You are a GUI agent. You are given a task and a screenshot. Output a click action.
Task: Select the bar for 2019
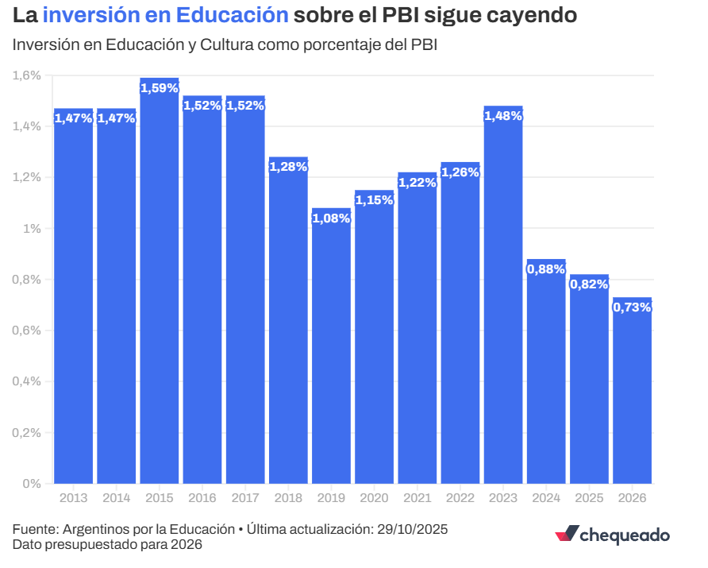[x=331, y=350]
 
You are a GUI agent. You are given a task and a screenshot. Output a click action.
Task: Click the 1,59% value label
[x=160, y=88]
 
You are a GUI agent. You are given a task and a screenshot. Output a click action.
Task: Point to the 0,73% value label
[x=632, y=307]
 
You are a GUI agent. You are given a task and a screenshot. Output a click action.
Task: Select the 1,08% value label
[x=331, y=218]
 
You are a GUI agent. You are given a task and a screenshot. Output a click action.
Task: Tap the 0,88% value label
[x=546, y=269]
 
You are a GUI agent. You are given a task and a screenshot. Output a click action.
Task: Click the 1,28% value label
[x=288, y=167]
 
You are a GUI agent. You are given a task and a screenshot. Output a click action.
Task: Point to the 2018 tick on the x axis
[x=288, y=498]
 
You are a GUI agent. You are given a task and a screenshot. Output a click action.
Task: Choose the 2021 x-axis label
[x=417, y=498]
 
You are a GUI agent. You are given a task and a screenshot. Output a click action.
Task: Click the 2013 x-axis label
[x=74, y=498]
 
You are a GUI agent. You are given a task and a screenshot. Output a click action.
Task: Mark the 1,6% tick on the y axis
[x=26, y=75]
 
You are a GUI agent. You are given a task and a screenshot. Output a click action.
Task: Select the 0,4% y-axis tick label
[x=26, y=381]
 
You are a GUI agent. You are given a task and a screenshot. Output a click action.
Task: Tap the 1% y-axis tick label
[x=32, y=229]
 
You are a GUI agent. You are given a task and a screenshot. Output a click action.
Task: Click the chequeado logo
[x=612, y=535]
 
